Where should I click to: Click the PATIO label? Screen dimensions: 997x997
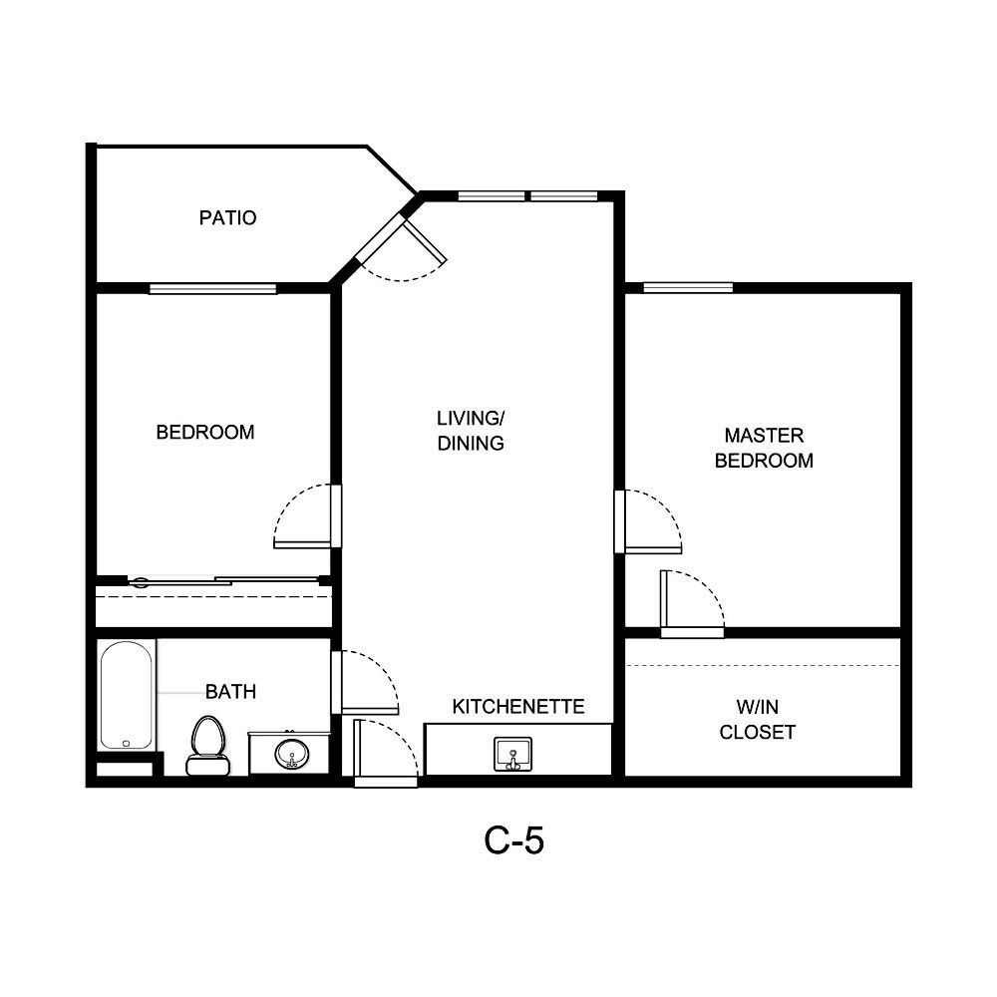(x=227, y=217)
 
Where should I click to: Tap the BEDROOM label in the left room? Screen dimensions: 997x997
(x=205, y=432)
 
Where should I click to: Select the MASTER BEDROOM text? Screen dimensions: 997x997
(x=764, y=448)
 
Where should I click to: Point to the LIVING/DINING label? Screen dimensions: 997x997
(x=471, y=430)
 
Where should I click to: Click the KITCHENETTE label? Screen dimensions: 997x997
(x=517, y=707)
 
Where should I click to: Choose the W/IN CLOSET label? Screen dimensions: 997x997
(x=758, y=719)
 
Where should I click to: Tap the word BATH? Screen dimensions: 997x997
(x=230, y=691)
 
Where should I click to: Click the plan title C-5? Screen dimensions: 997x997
(x=513, y=840)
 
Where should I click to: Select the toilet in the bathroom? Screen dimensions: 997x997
(x=207, y=745)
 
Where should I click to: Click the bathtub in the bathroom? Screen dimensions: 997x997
(x=127, y=694)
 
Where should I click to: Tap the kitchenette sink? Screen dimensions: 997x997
(x=513, y=754)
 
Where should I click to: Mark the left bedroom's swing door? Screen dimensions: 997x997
(x=336, y=515)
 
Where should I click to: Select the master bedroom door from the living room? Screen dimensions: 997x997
(x=620, y=520)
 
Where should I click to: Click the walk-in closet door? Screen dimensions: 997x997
(x=692, y=631)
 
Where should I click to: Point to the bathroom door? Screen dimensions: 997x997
(x=337, y=682)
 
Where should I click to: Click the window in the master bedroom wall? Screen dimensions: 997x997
(x=688, y=288)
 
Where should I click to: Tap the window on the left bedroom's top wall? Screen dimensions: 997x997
(x=212, y=289)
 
